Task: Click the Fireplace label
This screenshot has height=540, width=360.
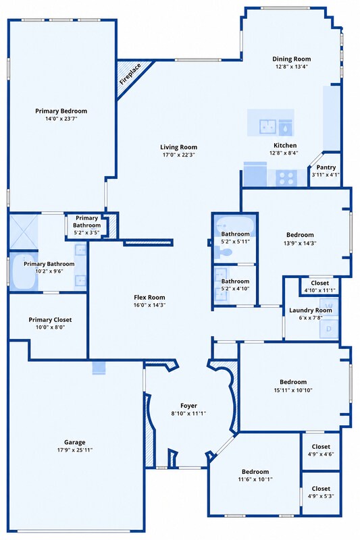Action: pos(130,74)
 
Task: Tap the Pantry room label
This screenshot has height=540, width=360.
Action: pos(326,167)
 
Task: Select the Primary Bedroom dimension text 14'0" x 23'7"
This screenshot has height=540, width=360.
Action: pos(61,119)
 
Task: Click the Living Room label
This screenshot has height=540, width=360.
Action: pos(179,147)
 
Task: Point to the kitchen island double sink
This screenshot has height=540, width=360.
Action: pos(267,126)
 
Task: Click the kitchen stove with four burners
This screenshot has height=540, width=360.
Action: pos(286,178)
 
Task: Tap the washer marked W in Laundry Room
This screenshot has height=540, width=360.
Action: pos(330,306)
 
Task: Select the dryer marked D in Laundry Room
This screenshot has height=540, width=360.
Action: pos(329,329)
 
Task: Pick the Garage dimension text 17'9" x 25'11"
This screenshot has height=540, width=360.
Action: pos(75,450)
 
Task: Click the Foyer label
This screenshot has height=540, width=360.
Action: pos(189,406)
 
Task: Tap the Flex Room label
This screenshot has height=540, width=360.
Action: pos(149,297)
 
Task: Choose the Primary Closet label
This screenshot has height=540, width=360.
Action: pos(50,319)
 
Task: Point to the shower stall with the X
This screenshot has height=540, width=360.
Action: pos(24,232)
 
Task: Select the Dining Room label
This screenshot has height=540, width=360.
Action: pos(292,59)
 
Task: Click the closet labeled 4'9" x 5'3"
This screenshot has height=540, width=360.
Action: pos(321,493)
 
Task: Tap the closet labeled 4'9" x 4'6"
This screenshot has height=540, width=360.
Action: pos(321,451)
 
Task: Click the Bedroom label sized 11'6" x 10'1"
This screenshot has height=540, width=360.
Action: pos(255,472)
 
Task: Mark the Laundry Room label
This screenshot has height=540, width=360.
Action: pos(311,310)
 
